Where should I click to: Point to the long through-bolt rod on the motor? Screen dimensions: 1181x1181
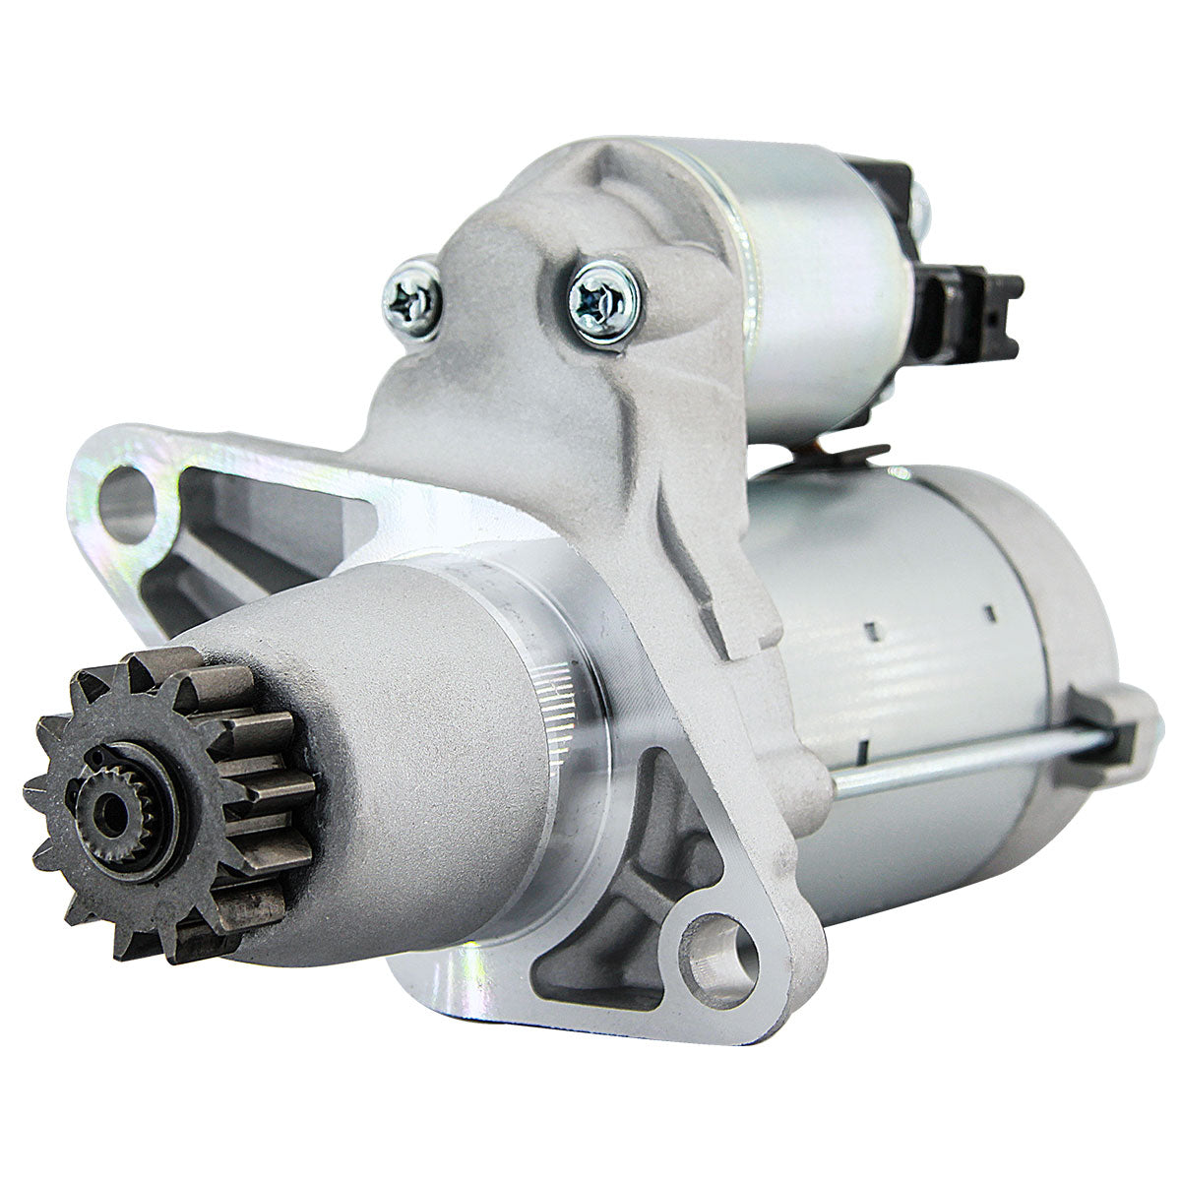(964, 757)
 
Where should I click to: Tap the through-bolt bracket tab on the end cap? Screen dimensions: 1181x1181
(1107, 728)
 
